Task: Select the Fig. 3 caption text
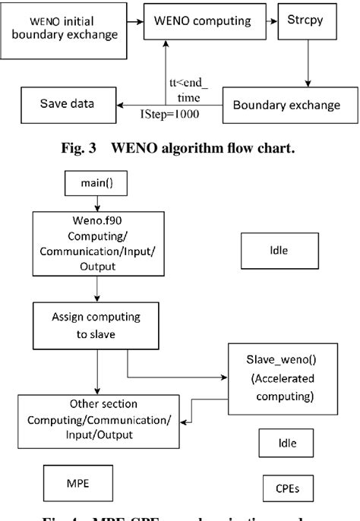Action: pos(179,147)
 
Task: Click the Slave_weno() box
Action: pos(271,378)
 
